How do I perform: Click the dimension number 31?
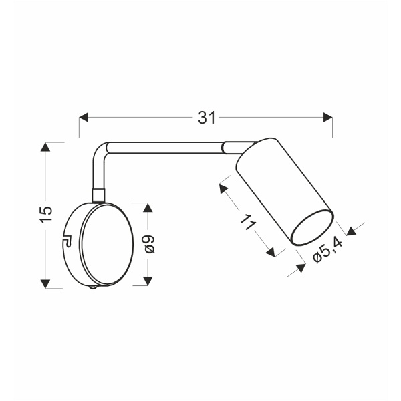[x=207, y=118]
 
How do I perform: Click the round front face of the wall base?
[x=104, y=244]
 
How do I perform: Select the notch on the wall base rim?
[x=67, y=241]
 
